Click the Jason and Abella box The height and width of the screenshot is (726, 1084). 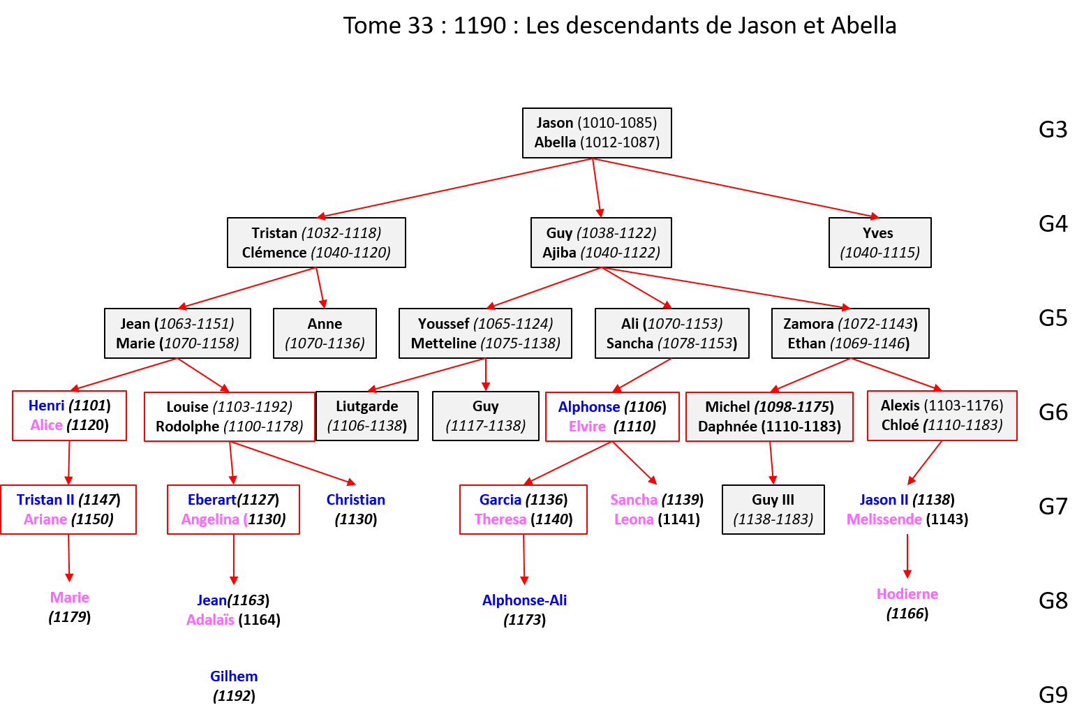pyautogui.click(x=597, y=133)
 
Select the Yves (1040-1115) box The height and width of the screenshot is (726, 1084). pyautogui.click(x=879, y=242)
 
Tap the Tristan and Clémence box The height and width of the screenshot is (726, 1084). pyautogui.click(x=316, y=242)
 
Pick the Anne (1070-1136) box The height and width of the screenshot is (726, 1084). pyautogui.click(x=325, y=333)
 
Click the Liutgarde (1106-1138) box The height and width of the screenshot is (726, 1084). pyautogui.click(x=367, y=415)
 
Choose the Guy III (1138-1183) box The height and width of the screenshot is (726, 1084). pyautogui.click(x=773, y=509)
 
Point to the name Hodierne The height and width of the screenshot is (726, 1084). pyautogui.click(x=907, y=594)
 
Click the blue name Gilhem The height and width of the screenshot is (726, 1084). pyautogui.click(x=234, y=676)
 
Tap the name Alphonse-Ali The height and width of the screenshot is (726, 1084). pyautogui.click(x=524, y=600)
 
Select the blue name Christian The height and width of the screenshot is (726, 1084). pyautogui.click(x=355, y=500)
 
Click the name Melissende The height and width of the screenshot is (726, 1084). pyautogui.click(x=884, y=519)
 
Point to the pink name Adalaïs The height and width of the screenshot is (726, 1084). pyautogui.click(x=210, y=620)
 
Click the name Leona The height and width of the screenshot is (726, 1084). pyautogui.click(x=633, y=519)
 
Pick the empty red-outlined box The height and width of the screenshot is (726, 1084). pyautogui.click(x=229, y=417)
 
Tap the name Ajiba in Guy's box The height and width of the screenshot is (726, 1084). pyautogui.click(x=559, y=253)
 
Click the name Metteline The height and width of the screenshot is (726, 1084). pyautogui.click(x=443, y=343)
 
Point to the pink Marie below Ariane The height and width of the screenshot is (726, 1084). pyautogui.click(x=70, y=598)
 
